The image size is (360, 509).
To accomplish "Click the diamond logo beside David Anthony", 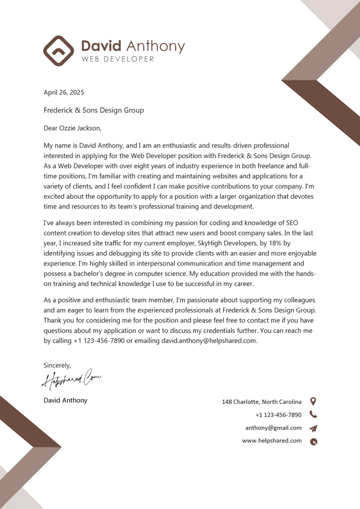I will (x=58, y=51).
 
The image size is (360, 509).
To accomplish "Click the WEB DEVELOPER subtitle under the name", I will (x=117, y=59).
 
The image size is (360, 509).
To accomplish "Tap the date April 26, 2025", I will (x=64, y=92).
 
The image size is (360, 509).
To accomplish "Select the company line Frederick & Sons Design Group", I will (x=94, y=110).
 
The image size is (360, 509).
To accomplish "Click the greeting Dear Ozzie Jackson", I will (x=73, y=128).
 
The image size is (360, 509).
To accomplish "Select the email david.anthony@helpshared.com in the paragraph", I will (x=209, y=340).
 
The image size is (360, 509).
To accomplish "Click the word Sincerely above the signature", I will (x=57, y=365).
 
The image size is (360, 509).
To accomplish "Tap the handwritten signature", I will (x=71, y=379).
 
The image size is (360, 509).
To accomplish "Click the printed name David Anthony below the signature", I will (x=65, y=400).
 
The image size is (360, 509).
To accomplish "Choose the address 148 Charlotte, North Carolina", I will (x=261, y=402).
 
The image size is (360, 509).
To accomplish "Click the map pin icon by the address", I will (x=313, y=401).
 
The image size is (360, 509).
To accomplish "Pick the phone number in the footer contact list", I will (x=278, y=415).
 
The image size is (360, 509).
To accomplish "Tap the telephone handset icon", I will (x=313, y=415).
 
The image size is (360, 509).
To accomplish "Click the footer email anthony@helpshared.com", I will (x=273, y=428).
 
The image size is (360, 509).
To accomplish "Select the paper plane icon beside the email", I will (x=313, y=428).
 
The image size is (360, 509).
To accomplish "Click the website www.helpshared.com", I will (x=272, y=441).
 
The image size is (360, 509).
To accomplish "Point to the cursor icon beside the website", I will (x=313, y=441).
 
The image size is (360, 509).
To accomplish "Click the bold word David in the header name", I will (x=101, y=46).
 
